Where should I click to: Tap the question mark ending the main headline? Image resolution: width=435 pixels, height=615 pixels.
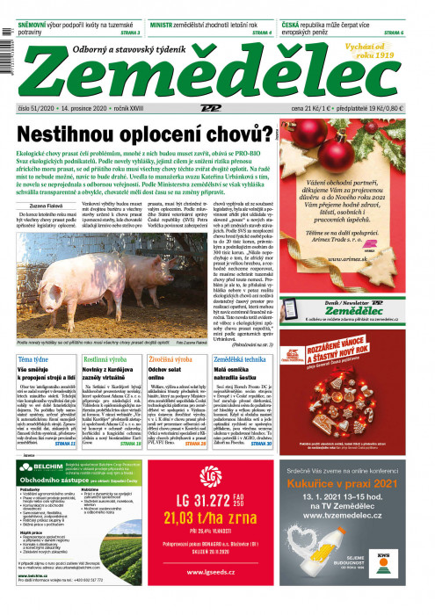click(263, 134)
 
